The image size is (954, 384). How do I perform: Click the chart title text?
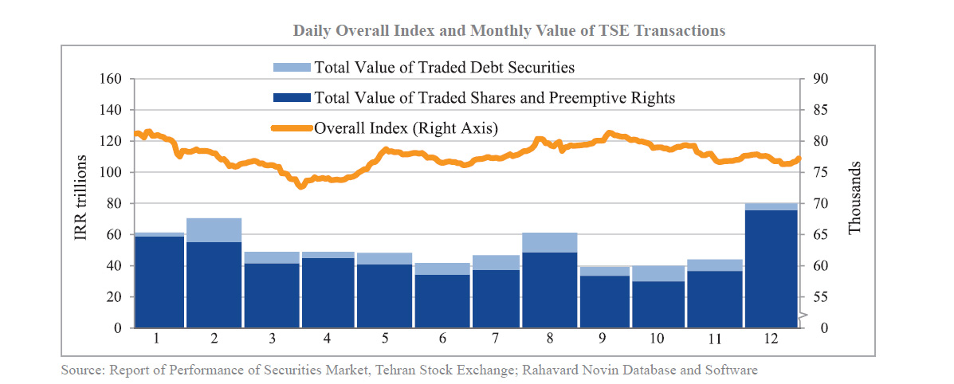[x=508, y=31]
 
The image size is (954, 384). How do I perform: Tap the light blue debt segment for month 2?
[x=214, y=229]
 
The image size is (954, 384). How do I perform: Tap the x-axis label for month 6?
[x=442, y=338]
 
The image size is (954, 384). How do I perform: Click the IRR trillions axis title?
[x=81, y=203]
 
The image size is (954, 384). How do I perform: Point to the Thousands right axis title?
[x=855, y=199]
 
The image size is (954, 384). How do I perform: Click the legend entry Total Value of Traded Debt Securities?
[x=444, y=67]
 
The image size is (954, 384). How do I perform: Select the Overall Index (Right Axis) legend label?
[x=406, y=127]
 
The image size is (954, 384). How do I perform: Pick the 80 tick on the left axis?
[x=113, y=203]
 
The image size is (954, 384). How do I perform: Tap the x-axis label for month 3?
[x=272, y=338]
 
